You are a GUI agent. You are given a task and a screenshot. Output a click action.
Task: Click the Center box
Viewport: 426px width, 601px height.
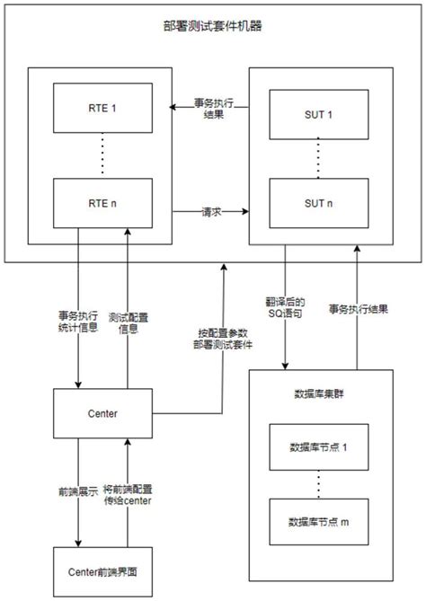tap(104, 414)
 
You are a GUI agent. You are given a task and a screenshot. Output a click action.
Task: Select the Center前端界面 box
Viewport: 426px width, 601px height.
tap(104, 570)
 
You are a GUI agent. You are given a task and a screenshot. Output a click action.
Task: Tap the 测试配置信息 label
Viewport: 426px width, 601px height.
tap(128, 323)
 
